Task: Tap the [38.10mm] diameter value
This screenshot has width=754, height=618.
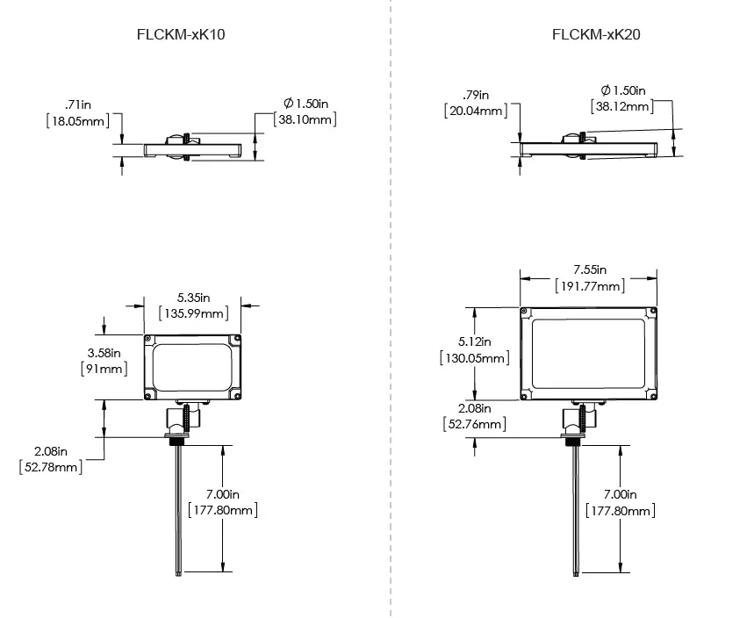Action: [x=305, y=119]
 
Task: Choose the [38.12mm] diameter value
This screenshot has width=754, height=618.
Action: [x=622, y=106]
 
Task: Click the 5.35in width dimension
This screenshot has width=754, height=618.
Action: [x=192, y=298]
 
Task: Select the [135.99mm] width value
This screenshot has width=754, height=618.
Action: [x=192, y=313]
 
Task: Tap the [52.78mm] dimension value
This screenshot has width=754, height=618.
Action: [x=51, y=466]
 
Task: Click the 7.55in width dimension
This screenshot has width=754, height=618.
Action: [x=590, y=269]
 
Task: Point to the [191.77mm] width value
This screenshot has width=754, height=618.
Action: [x=590, y=286]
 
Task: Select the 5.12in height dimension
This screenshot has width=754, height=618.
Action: [x=474, y=341]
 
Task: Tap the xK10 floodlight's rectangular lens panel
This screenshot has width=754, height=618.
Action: [x=192, y=367]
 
